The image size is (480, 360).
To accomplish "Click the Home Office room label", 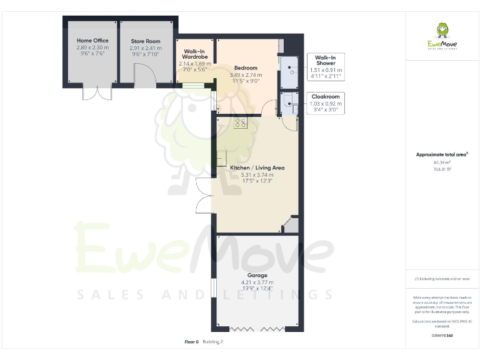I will coord(92,41).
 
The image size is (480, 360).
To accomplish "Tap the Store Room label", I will coord(146,41).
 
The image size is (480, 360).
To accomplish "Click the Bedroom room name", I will coord(246,67).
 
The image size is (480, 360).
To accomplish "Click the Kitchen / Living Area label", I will coord(257,167).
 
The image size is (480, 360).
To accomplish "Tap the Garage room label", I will coord(257,275).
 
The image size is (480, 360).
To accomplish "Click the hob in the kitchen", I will coord(241,124).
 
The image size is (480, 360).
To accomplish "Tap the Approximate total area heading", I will coord(442,154).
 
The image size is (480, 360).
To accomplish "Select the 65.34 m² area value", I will coord(442,162).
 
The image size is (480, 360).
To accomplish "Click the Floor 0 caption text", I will coord(191,342).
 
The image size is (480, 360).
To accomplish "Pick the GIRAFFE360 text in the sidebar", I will coord(442,336).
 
